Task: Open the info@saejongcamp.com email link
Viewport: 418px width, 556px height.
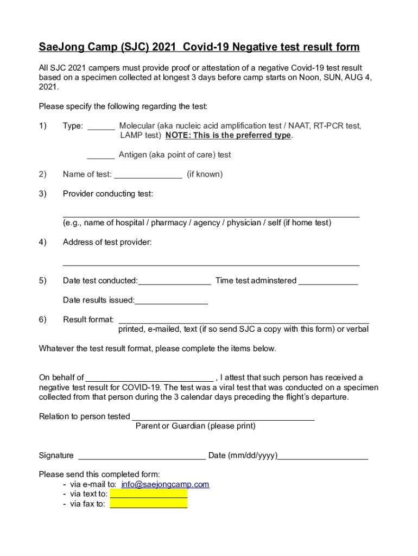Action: click(x=165, y=484)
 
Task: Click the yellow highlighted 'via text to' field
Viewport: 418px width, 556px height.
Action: click(x=149, y=494)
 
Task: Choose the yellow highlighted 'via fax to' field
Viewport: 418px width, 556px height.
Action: click(x=149, y=504)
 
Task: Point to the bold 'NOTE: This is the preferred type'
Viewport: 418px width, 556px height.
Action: click(x=229, y=135)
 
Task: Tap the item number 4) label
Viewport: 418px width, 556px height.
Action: click(x=42, y=242)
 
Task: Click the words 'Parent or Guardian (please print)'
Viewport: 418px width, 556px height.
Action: click(x=195, y=426)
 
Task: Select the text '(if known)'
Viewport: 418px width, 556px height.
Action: click(x=205, y=174)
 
